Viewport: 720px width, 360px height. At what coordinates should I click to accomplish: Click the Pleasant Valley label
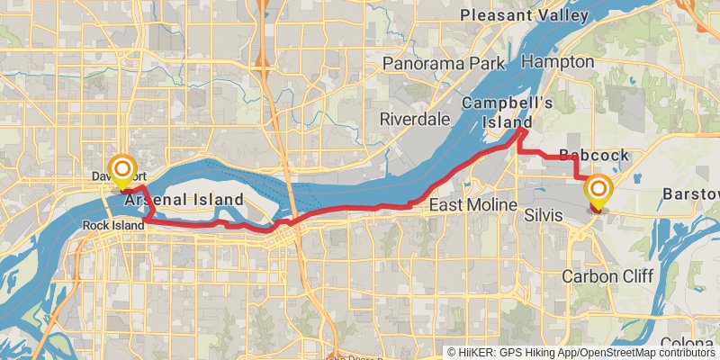point(524,15)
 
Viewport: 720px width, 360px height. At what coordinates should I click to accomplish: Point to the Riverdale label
point(414,119)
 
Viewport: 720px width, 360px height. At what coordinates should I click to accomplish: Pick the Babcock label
point(594,156)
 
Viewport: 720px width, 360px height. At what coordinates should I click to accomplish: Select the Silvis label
point(544,217)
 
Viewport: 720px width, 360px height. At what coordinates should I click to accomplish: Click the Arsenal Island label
point(184,199)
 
